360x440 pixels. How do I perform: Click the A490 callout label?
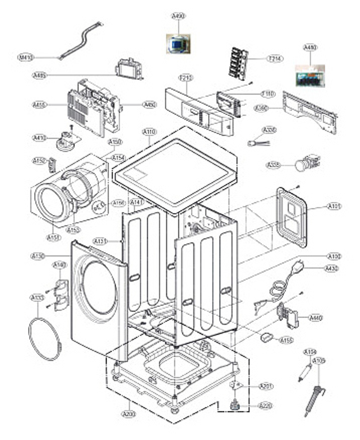click(x=178, y=16)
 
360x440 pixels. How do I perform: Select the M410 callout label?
click(x=26, y=57)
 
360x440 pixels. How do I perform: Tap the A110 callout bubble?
click(x=149, y=132)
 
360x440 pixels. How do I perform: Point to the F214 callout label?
click(x=275, y=59)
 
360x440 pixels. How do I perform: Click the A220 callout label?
click(x=266, y=406)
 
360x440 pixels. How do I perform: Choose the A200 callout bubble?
click(x=129, y=414)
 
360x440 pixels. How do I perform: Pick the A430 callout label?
click(x=332, y=268)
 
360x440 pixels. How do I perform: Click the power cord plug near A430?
click(x=297, y=266)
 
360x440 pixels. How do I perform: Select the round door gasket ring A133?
click(x=45, y=339)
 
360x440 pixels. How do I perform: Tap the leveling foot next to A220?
click(x=235, y=405)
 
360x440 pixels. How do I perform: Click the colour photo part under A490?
click(x=178, y=44)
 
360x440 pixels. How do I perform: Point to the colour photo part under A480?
click(x=310, y=76)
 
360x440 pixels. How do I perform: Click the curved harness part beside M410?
click(x=81, y=40)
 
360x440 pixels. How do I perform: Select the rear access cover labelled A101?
click(x=292, y=217)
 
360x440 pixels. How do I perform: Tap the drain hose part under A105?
click(x=313, y=399)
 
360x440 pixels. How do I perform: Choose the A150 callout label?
click(x=115, y=142)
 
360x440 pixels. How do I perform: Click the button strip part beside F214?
click(x=238, y=64)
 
